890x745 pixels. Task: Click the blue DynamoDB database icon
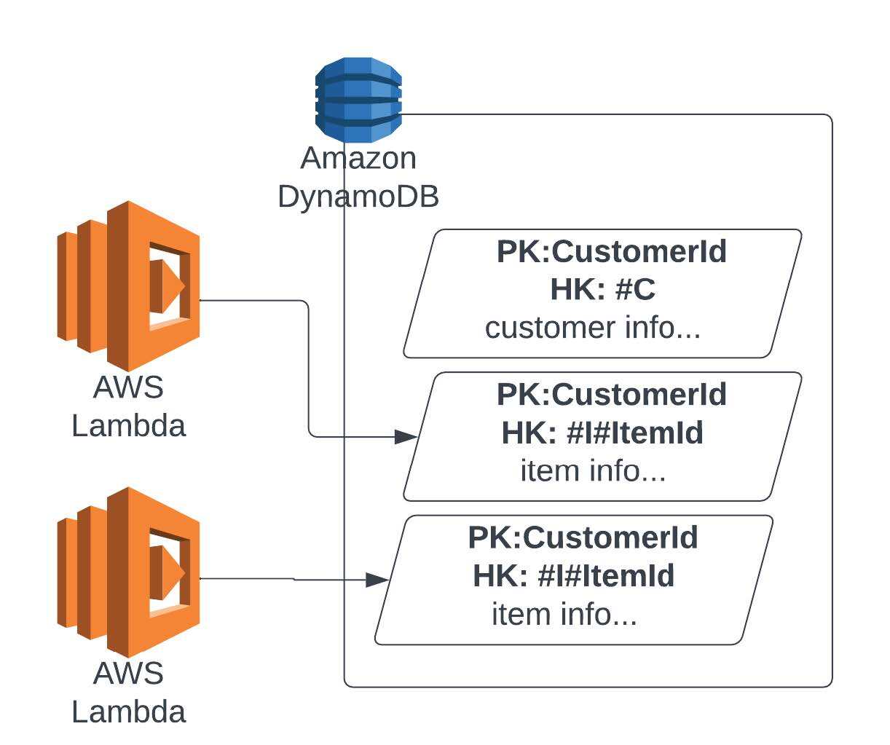click(x=358, y=100)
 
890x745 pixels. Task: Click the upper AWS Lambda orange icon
click(x=129, y=286)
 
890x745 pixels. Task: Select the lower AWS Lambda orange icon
click(x=129, y=572)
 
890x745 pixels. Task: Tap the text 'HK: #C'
click(x=603, y=290)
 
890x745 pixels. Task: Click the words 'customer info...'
click(x=593, y=328)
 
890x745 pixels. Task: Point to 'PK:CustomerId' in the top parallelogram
click(x=612, y=252)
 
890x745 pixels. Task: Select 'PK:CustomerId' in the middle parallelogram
click(x=612, y=395)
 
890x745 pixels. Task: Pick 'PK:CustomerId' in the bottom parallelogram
click(x=583, y=537)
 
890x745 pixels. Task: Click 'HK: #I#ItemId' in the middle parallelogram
click(x=603, y=433)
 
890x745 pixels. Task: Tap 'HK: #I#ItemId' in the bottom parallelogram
click(x=574, y=575)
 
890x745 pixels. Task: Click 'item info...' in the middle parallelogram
click(x=593, y=470)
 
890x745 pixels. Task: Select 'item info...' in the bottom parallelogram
click(x=564, y=614)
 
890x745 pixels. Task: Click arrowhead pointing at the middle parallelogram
click(x=406, y=437)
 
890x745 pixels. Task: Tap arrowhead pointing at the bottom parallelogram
click(x=377, y=580)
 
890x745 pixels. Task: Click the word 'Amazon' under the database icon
click(x=358, y=158)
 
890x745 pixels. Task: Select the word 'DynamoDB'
click(x=358, y=196)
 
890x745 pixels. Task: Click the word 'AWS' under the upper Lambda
click(x=128, y=387)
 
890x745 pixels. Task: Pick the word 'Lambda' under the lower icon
click(x=128, y=711)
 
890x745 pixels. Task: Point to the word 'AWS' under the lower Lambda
click(x=128, y=673)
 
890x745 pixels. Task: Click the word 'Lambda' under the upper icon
click(x=128, y=425)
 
